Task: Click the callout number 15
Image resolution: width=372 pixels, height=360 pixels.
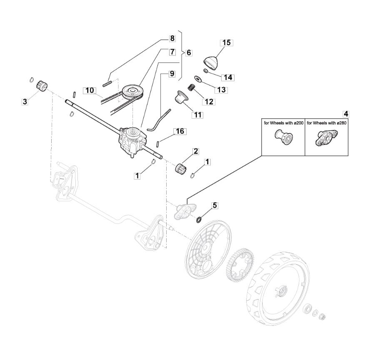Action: point(227,43)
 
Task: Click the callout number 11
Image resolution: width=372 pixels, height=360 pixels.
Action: point(197,115)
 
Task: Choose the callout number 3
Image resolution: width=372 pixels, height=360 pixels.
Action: point(25,102)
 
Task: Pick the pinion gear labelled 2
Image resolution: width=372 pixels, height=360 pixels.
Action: point(181,168)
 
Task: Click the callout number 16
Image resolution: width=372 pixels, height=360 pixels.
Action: point(180,131)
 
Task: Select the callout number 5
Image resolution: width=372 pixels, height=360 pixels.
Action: point(215,205)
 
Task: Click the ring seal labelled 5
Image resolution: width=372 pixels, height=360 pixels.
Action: point(199,220)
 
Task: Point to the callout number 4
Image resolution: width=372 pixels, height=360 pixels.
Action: point(346,114)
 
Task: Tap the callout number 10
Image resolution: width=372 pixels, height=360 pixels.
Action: point(90,91)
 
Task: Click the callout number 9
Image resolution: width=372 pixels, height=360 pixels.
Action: point(172,74)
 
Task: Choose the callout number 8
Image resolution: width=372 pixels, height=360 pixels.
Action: point(172,38)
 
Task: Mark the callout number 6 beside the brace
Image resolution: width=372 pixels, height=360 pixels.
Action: point(189,52)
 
